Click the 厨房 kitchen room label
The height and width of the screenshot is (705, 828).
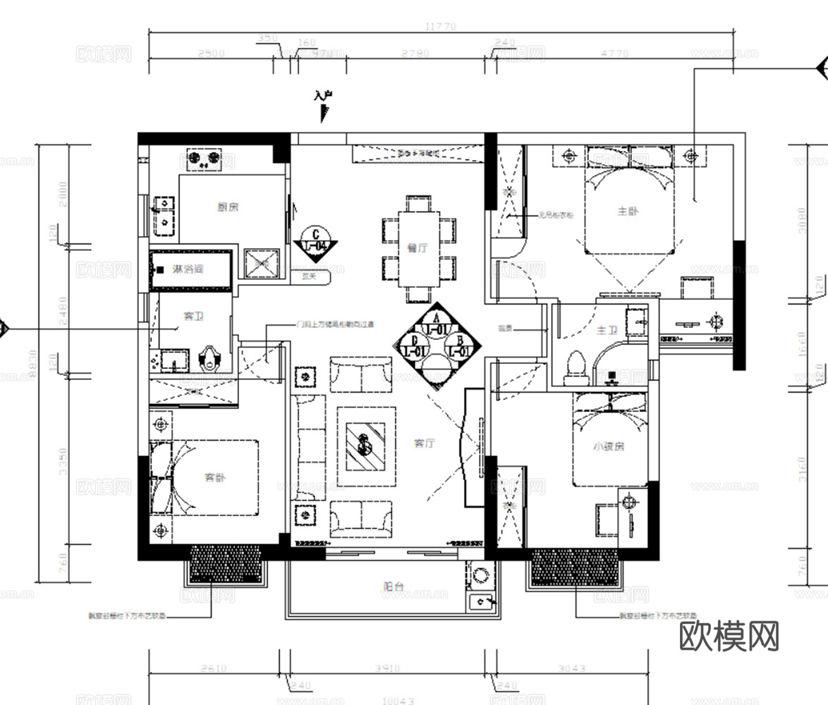tap(228, 207)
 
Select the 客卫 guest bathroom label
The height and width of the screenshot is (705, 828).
tap(194, 317)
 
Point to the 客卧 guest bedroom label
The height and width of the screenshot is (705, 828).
tap(216, 477)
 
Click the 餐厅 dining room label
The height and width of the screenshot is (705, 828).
tap(418, 248)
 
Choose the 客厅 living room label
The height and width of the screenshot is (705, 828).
tap(424, 443)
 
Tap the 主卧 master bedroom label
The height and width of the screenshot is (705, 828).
tap(628, 211)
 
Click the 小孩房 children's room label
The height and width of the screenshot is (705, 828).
tap(609, 446)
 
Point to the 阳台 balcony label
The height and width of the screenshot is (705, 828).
tap(394, 585)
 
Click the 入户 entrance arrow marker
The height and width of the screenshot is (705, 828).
tap(324, 106)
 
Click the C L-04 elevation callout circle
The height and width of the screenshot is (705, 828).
tap(315, 240)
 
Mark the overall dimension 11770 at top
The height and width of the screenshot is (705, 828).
tap(442, 27)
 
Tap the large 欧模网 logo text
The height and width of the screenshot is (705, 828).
tap(729, 637)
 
